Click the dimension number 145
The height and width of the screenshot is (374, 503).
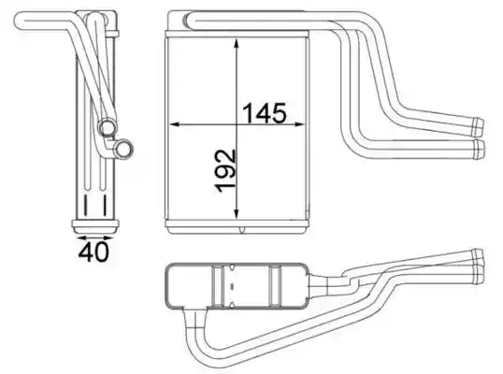coord(264,113)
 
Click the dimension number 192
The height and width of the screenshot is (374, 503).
coord(226,171)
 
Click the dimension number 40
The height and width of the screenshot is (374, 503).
coord(93,252)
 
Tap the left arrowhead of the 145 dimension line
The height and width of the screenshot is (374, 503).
coord(174,123)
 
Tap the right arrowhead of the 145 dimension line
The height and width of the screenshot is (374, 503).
coord(298,123)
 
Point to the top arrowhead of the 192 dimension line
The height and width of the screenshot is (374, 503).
coord(237,44)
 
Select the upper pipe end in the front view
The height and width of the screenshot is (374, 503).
coord(478,127)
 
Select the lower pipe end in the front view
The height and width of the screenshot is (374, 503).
coord(480,149)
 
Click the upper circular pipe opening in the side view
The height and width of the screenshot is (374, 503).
coord(108,127)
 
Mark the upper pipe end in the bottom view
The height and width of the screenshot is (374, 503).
coord(479,257)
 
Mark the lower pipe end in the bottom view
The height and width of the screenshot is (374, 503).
coord(480,275)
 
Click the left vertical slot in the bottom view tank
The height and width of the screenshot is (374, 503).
coord(218,285)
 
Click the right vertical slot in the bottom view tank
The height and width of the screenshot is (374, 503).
coord(275,285)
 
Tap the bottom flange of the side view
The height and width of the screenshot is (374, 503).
coord(95,227)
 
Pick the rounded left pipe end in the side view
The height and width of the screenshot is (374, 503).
coord(20,21)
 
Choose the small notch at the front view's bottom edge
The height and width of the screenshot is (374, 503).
coord(242,229)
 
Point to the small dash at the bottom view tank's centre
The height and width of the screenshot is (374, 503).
coord(232,285)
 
